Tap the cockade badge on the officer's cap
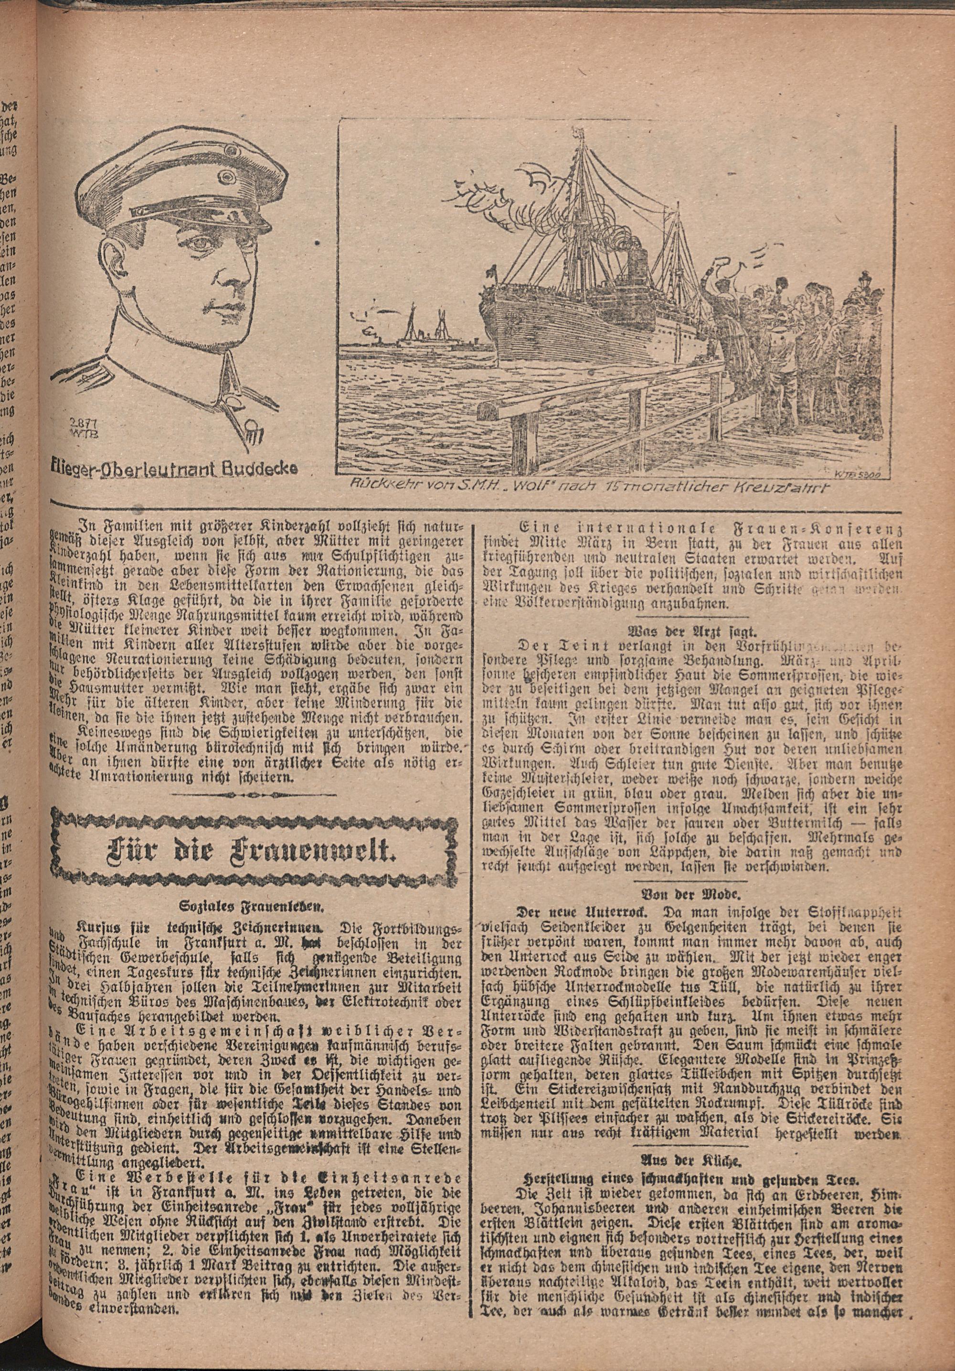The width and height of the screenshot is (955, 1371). click(x=228, y=177)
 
